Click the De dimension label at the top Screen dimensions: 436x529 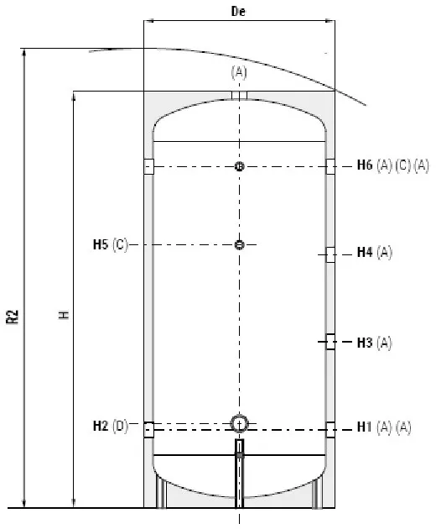[x=238, y=11]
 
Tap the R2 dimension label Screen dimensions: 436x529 [x=13, y=317]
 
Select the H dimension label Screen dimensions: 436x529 [x=64, y=315]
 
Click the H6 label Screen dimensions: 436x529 [x=365, y=165]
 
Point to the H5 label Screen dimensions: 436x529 [x=101, y=244]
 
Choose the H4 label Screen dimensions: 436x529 [x=365, y=252]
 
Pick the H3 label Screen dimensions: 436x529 [x=365, y=343]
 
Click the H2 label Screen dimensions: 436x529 [x=101, y=426]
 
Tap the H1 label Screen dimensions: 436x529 [x=364, y=427]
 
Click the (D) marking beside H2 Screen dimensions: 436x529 [x=120, y=427]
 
